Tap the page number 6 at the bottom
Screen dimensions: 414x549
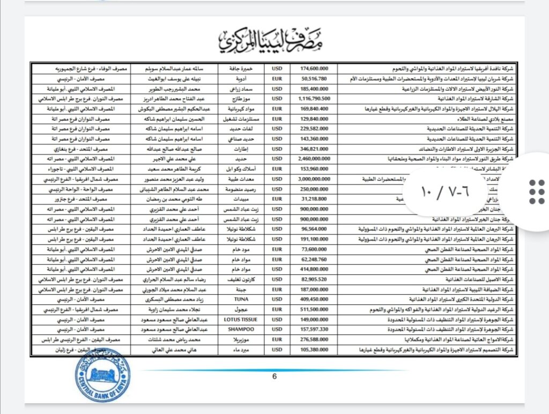point(274,376)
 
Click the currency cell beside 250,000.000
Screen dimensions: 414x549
point(277,189)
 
